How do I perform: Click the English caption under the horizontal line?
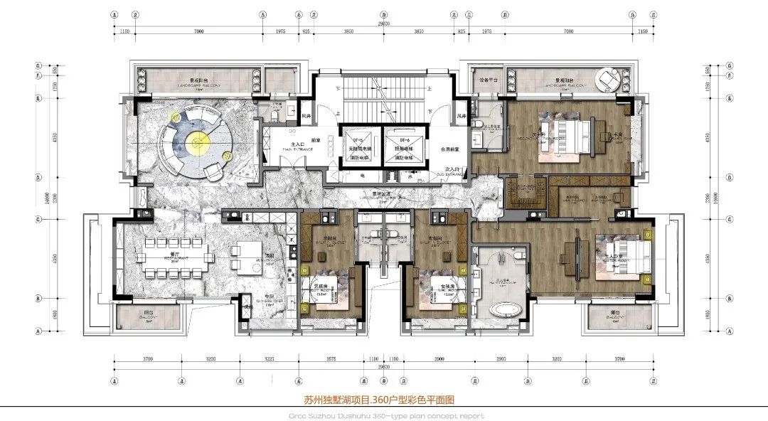pos(383,415)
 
